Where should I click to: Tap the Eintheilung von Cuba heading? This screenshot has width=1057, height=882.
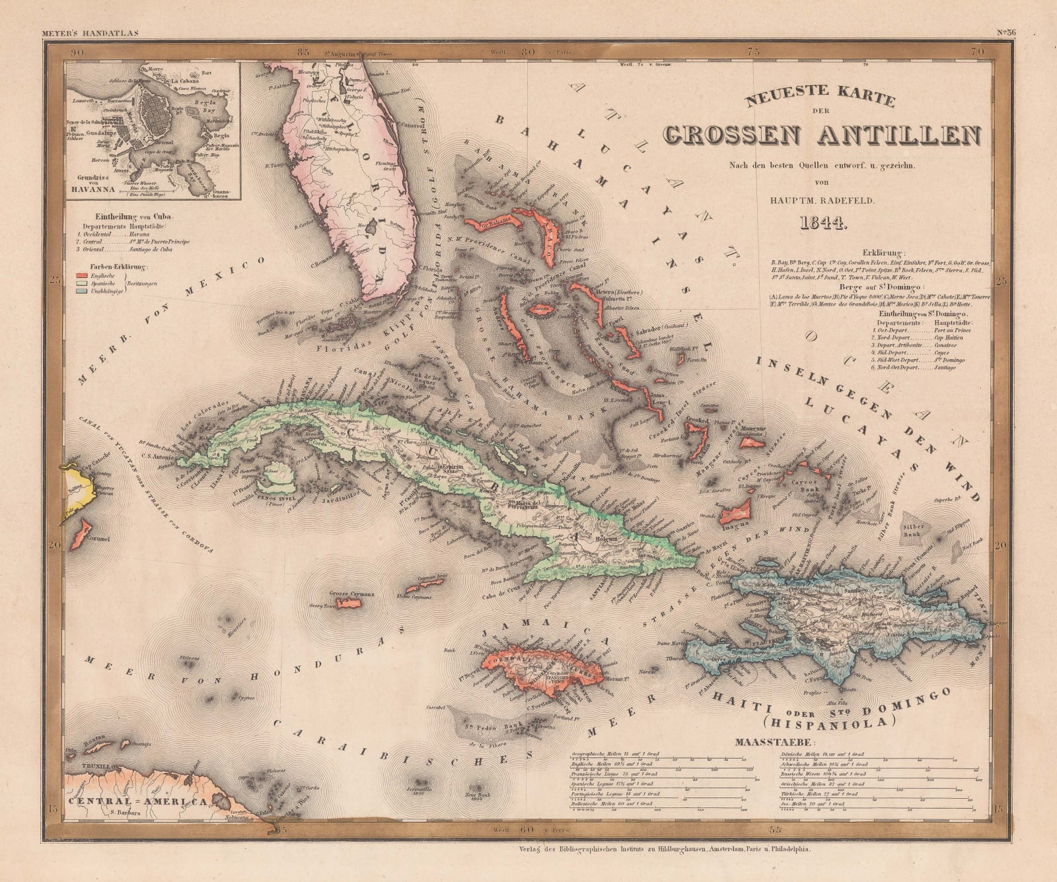click(129, 215)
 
